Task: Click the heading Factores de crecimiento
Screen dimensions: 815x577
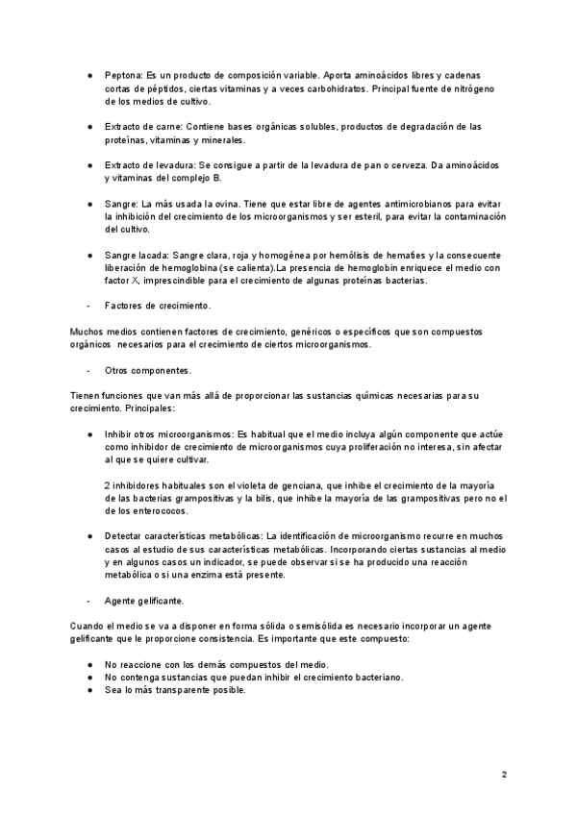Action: click(157, 306)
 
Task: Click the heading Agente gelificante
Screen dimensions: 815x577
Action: click(144, 600)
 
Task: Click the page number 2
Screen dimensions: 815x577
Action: click(504, 774)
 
